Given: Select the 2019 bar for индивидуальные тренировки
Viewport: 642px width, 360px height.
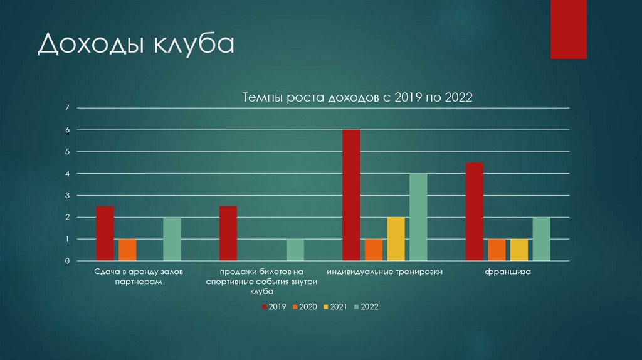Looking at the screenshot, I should [x=351, y=195].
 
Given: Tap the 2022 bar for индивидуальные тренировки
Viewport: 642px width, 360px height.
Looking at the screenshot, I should [x=418, y=217].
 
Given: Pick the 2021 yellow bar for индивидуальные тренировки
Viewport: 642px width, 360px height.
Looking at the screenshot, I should [x=396, y=239].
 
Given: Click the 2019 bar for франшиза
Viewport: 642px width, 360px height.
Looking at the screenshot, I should [x=475, y=211].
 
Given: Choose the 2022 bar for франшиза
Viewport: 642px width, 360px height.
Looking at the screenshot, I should [x=541, y=239].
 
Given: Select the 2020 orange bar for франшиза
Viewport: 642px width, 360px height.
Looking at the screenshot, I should [x=497, y=250].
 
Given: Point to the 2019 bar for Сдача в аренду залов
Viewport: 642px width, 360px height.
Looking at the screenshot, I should [x=105, y=233].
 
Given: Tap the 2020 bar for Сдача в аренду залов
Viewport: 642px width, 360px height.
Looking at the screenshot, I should [x=127, y=250].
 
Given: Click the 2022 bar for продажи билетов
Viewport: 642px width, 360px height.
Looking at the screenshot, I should [x=295, y=250].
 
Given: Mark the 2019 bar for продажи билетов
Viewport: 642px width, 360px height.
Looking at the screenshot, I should [x=228, y=233].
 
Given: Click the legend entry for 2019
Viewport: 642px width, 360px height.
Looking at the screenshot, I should [x=274, y=307].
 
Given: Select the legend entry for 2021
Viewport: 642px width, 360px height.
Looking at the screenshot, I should [x=335, y=307].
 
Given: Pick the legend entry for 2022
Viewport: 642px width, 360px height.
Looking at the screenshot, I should [x=366, y=307].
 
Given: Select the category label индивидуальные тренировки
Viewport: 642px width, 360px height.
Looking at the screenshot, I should [x=385, y=272].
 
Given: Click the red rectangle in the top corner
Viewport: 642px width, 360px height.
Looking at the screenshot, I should [x=568, y=29].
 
